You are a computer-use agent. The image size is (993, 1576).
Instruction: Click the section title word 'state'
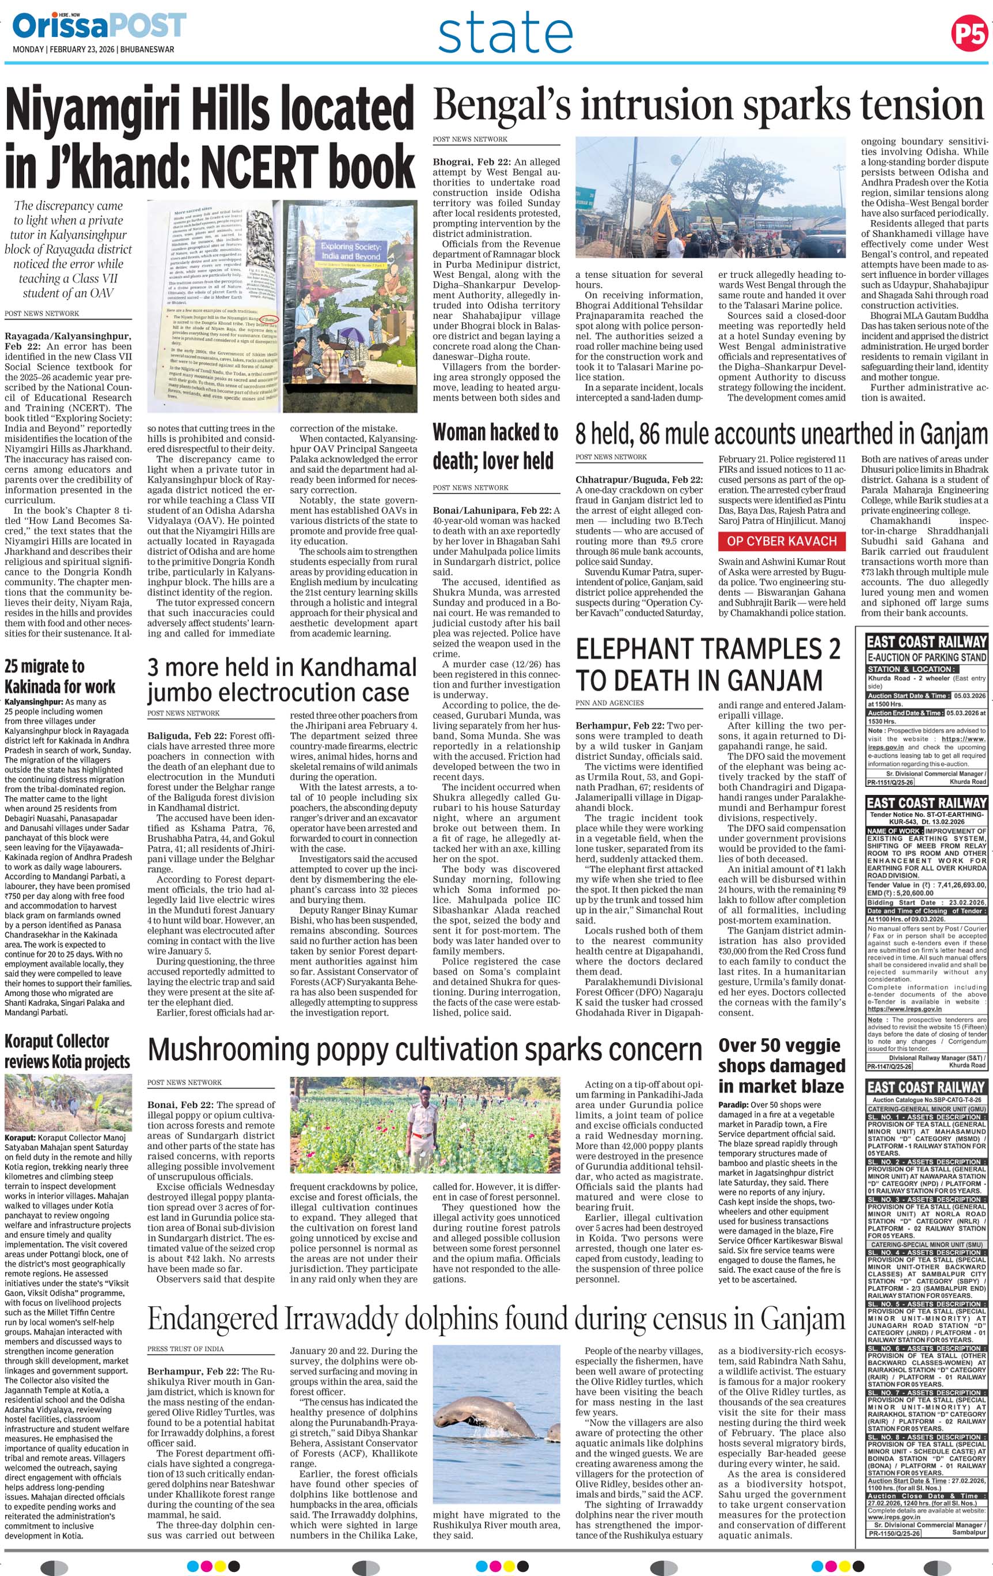click(505, 34)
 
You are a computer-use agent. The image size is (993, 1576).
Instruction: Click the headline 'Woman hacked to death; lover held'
click(495, 446)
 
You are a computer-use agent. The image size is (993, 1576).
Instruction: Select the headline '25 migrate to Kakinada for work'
click(60, 676)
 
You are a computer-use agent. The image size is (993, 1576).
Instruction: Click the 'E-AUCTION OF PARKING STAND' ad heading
click(926, 657)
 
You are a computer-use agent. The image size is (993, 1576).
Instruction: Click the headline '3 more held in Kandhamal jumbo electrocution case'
click(281, 680)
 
